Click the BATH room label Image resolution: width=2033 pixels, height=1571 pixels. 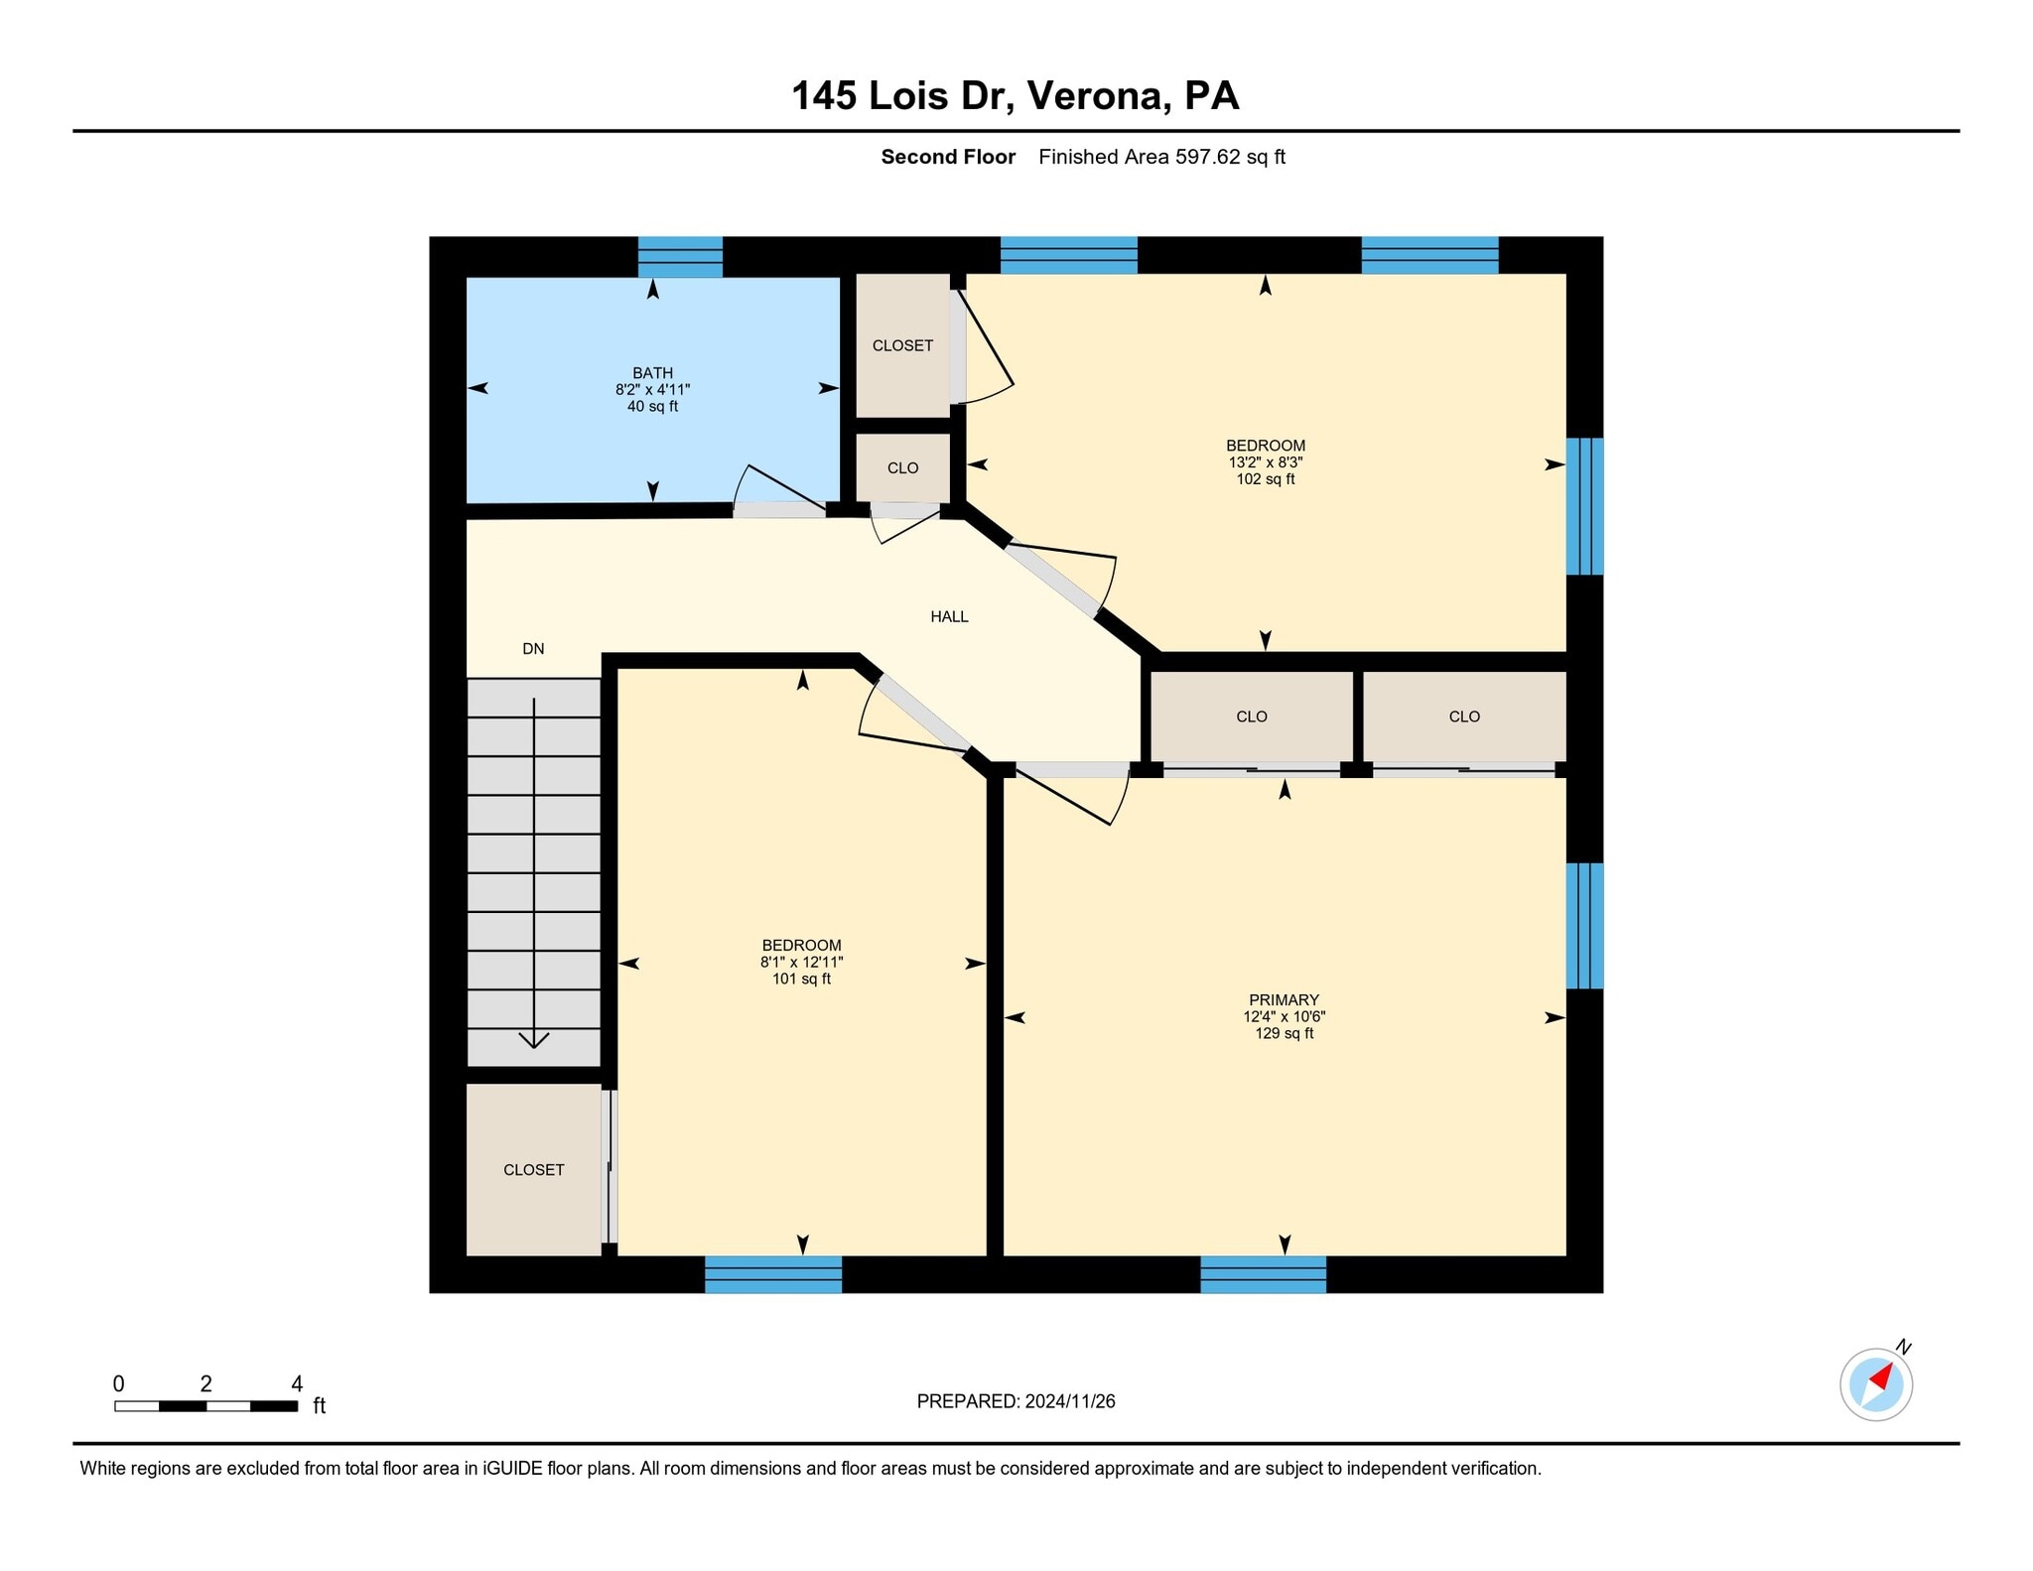point(652,373)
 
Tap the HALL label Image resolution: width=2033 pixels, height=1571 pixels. point(949,616)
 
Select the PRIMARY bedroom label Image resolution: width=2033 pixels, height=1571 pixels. point(1284,1000)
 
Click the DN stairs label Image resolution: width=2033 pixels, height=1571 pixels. point(533,649)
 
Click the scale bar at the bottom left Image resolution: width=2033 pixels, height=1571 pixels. point(205,1405)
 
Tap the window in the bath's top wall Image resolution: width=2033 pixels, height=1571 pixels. point(680,257)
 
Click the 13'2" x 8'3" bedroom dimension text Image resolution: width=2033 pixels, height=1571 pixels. point(1265,462)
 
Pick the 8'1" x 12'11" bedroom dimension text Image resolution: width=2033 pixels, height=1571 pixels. point(801,962)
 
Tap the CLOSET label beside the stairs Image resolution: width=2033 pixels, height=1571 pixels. point(533,1170)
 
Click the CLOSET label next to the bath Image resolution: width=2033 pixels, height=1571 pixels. point(902,345)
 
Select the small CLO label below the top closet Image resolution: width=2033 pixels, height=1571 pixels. point(902,468)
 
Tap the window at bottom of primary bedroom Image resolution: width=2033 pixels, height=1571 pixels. point(1263,1274)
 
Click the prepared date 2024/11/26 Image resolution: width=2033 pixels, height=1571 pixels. point(1070,1401)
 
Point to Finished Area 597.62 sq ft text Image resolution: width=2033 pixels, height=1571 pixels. point(1161,157)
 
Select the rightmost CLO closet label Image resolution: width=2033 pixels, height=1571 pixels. point(1464,717)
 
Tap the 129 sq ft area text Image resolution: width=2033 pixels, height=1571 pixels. point(1284,1033)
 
